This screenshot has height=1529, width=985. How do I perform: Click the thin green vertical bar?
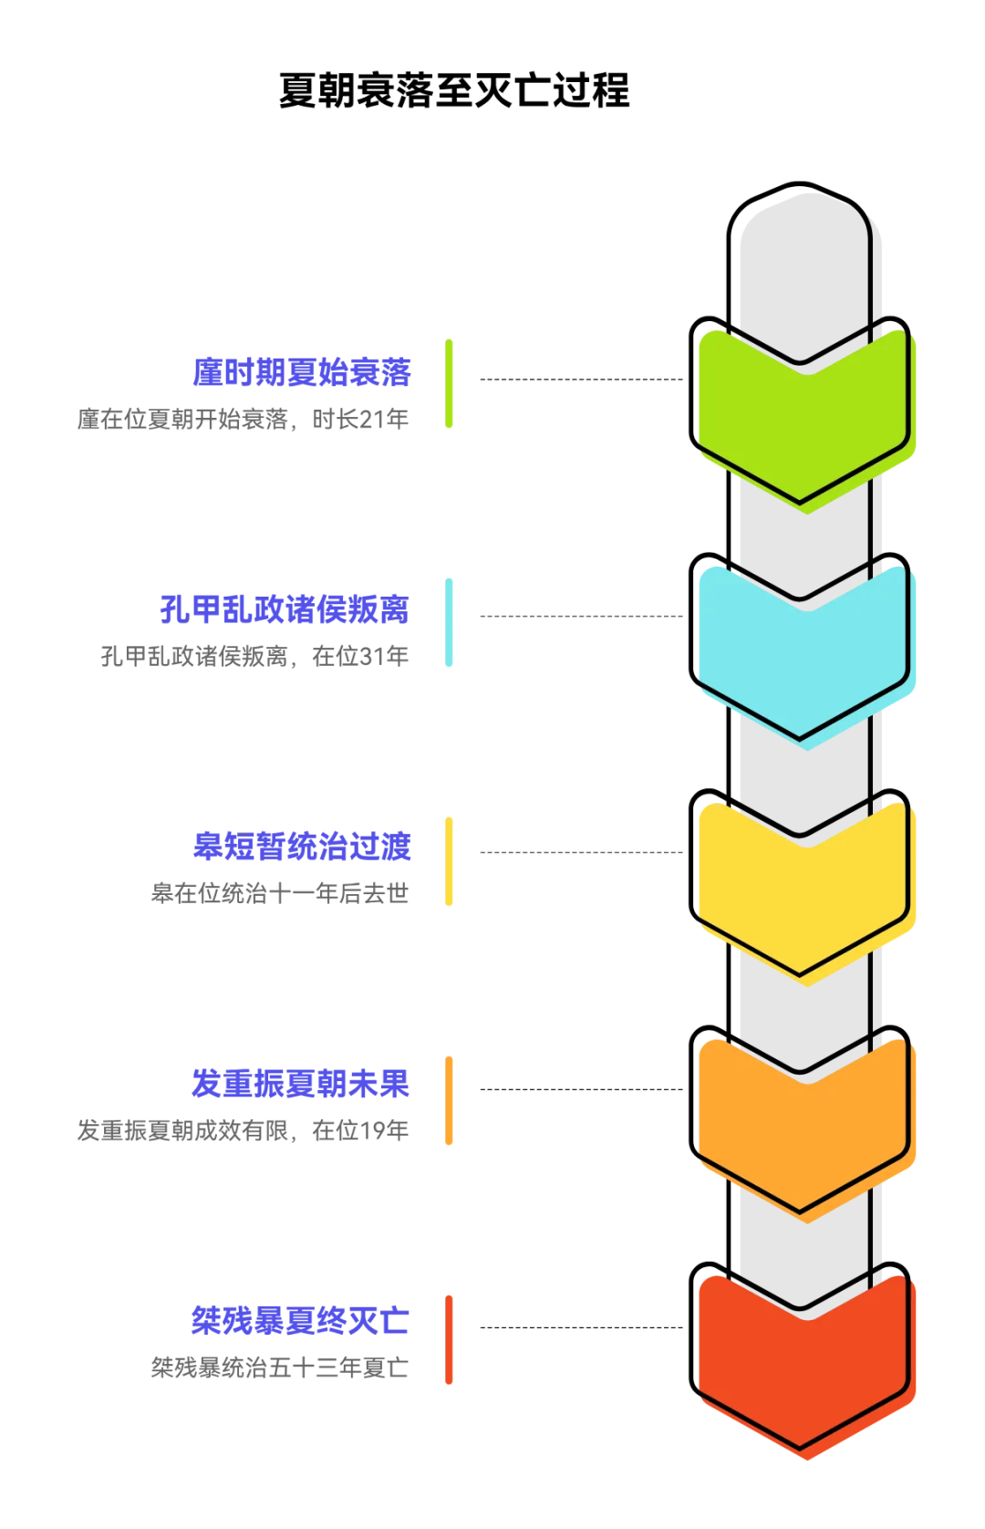451,383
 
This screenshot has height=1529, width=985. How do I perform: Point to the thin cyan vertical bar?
451,623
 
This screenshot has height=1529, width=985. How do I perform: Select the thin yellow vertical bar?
451,860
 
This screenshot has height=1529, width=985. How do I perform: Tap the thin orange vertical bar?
451,1098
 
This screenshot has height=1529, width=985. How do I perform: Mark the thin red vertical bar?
451,1338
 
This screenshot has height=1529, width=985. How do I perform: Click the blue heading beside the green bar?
302,371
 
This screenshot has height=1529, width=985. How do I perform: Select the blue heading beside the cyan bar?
285,609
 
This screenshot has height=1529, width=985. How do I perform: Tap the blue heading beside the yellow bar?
302,845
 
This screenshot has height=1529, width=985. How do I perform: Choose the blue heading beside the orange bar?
302,1083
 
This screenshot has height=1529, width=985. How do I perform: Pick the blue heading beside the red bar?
302,1319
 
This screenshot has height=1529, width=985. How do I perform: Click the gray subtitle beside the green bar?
244,419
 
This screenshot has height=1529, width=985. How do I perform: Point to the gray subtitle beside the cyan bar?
254,656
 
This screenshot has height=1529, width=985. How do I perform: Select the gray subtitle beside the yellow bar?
280,891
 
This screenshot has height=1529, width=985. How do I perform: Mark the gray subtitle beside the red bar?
280,1367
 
